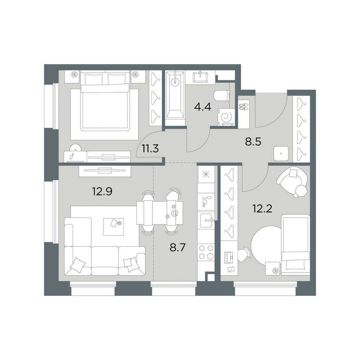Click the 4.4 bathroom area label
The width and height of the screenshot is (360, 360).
(202, 107)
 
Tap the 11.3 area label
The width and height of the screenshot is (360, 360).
(150, 149)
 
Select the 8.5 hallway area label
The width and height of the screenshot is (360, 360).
(253, 141)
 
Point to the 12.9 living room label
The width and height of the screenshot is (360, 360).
(102, 191)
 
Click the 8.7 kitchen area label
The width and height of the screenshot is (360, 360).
(178, 248)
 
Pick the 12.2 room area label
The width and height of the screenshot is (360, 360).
(262, 208)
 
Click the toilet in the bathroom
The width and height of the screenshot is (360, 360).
(221, 95)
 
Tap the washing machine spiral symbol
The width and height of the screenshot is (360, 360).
(226, 117)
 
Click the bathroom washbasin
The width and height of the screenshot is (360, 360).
(201, 76)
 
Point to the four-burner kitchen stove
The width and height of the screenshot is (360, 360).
(206, 252)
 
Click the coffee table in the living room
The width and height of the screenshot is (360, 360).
(113, 227)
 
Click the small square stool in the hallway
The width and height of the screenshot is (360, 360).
(281, 153)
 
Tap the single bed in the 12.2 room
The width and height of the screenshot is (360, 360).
(296, 245)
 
